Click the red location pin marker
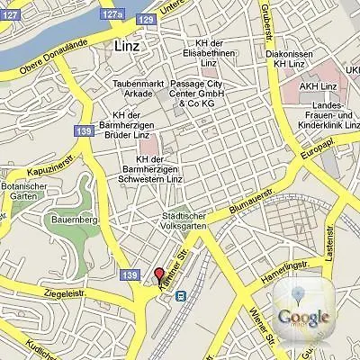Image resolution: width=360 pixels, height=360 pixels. pyautogui.click(x=159, y=276)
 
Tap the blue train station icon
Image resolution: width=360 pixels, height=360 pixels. pyautogui.click(x=180, y=294)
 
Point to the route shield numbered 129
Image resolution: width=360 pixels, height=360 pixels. pyautogui.click(x=146, y=19)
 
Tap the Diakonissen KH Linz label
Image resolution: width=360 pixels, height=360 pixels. pyautogui.click(x=289, y=58)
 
